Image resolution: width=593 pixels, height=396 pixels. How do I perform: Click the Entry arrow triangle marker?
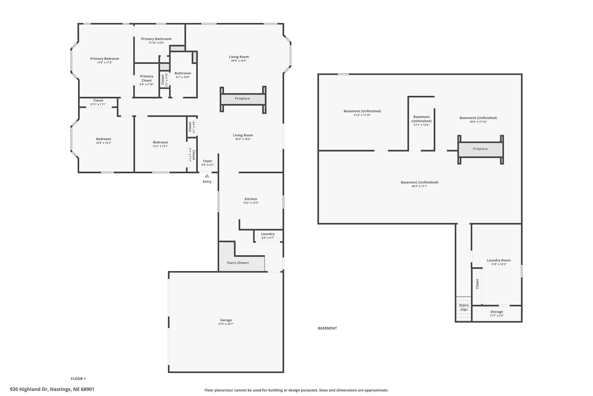tap(207, 176)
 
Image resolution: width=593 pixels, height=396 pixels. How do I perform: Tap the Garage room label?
tap(226, 320)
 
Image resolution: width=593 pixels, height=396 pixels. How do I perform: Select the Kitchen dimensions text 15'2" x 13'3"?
tap(251, 203)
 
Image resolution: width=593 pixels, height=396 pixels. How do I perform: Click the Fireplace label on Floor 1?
tap(242, 98)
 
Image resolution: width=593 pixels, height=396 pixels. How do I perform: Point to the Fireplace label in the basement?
tap(480, 149)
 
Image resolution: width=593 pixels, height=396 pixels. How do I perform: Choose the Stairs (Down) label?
tap(238, 263)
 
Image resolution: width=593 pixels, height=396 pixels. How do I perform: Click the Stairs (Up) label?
tap(464, 307)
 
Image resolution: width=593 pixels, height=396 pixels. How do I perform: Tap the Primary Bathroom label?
tap(156, 39)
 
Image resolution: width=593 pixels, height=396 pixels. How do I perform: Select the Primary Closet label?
tap(146, 78)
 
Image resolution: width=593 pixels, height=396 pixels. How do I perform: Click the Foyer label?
tap(208, 161)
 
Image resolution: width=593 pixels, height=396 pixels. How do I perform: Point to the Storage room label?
tap(497, 312)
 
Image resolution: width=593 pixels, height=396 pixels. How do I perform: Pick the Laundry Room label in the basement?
tap(499, 260)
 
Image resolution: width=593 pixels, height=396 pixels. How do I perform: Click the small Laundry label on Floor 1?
tap(268, 234)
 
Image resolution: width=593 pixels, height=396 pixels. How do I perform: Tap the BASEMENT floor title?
tap(327, 328)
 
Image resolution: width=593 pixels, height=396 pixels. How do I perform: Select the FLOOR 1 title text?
tap(78, 379)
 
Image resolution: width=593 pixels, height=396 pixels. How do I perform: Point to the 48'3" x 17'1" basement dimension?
tap(419, 186)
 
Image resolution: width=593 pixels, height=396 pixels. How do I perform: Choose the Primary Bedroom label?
tap(105, 59)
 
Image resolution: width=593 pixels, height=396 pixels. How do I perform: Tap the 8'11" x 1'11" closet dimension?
tap(98, 104)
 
